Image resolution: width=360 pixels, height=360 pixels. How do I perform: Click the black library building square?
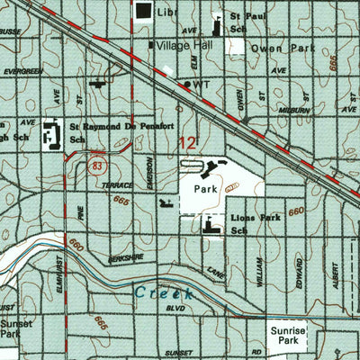[x=144, y=11]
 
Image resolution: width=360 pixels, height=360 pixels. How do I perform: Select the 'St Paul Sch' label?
[x=247, y=22]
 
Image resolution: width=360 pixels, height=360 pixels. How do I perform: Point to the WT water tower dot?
[x=187, y=85]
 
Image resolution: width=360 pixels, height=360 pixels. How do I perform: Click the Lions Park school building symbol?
[x=212, y=226]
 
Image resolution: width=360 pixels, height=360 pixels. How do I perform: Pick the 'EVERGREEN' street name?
[x=22, y=71]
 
